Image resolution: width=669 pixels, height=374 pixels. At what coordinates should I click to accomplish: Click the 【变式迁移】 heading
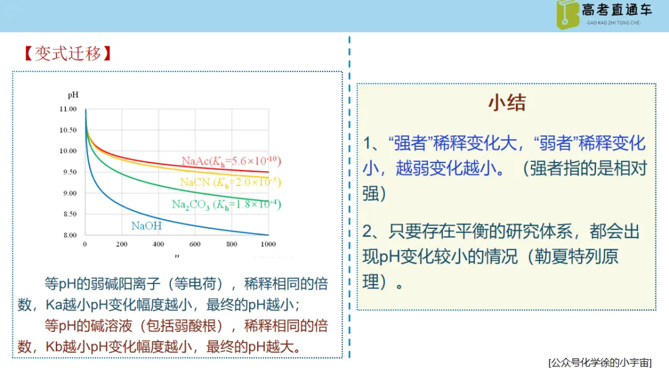tap(68, 54)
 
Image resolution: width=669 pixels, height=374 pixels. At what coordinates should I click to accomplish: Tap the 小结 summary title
tap(507, 102)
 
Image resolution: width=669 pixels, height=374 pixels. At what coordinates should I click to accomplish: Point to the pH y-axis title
tap(73, 95)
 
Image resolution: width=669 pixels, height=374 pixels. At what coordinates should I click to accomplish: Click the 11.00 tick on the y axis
tap(68, 109)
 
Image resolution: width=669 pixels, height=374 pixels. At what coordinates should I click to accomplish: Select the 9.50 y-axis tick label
tap(70, 172)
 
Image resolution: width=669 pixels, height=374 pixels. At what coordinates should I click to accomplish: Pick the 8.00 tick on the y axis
tap(70, 235)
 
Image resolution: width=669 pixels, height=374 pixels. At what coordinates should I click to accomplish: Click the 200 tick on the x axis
tap(121, 244)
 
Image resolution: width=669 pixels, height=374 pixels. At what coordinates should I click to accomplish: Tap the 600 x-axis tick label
tap(195, 244)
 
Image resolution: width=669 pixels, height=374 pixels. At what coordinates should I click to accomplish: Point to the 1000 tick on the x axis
tap(268, 244)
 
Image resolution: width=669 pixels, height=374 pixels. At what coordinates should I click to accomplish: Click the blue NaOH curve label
tap(146, 226)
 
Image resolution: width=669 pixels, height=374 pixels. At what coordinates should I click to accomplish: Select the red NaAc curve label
tap(231, 161)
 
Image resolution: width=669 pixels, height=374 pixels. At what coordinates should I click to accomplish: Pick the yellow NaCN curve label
tap(230, 182)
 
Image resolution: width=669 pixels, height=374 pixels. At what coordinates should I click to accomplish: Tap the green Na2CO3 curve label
tap(226, 205)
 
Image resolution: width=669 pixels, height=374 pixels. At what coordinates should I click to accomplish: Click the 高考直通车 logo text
tap(617, 10)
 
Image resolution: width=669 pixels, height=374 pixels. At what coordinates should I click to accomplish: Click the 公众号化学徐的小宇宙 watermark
tap(600, 363)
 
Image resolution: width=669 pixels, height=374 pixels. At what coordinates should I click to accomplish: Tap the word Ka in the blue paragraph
tap(54, 305)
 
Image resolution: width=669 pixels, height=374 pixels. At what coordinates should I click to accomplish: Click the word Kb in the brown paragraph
tap(54, 347)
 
